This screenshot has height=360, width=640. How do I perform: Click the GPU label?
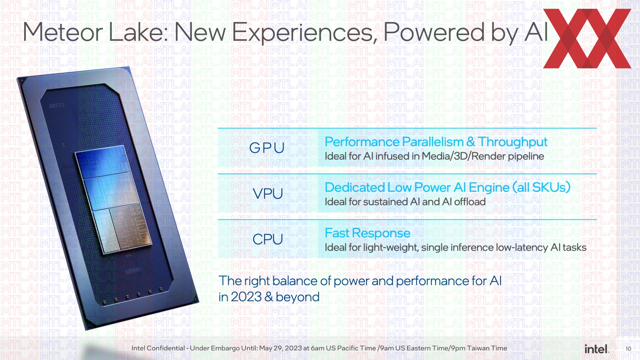[267, 148]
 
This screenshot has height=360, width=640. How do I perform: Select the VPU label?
[268, 193]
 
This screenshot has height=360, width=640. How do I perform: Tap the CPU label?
[268, 239]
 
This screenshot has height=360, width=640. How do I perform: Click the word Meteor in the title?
[63, 32]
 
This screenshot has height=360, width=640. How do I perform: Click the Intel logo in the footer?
[597, 349]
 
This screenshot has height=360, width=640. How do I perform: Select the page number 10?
[628, 349]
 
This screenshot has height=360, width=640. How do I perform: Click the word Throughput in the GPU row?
[513, 142]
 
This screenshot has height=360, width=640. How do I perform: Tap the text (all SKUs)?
[541, 187]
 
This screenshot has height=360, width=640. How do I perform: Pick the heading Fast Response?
[367, 233]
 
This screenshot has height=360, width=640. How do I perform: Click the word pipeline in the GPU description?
[526, 156]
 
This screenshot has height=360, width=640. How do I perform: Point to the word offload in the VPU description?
[470, 202]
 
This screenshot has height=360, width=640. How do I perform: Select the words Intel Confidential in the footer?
[158, 348]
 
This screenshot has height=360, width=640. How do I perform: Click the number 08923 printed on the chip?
[57, 106]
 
